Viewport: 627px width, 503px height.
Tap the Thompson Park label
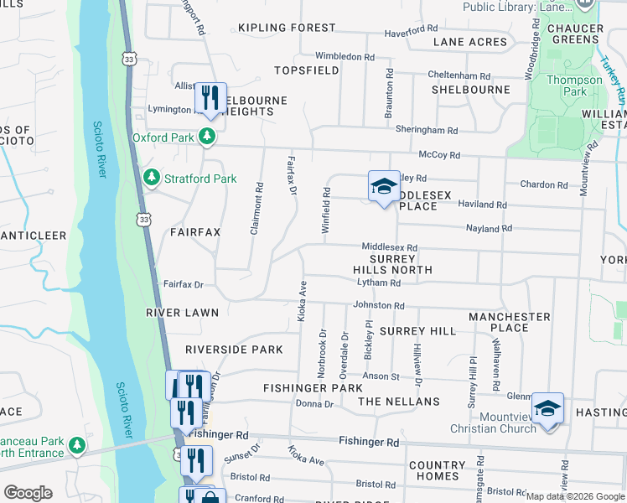574,86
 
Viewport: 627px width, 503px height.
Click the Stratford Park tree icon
152,178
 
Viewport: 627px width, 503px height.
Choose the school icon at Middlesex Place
383,186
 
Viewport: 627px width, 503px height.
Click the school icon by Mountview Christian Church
548,408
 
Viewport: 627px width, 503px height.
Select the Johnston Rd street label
379,306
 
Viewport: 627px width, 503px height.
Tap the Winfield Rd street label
326,211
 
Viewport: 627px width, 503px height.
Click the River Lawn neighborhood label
182,313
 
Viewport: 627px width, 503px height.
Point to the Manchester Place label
510,322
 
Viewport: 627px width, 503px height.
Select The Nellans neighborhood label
399,402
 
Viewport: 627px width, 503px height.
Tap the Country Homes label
437,470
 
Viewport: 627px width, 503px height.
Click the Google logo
28,492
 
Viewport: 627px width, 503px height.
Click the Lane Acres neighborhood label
470,42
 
